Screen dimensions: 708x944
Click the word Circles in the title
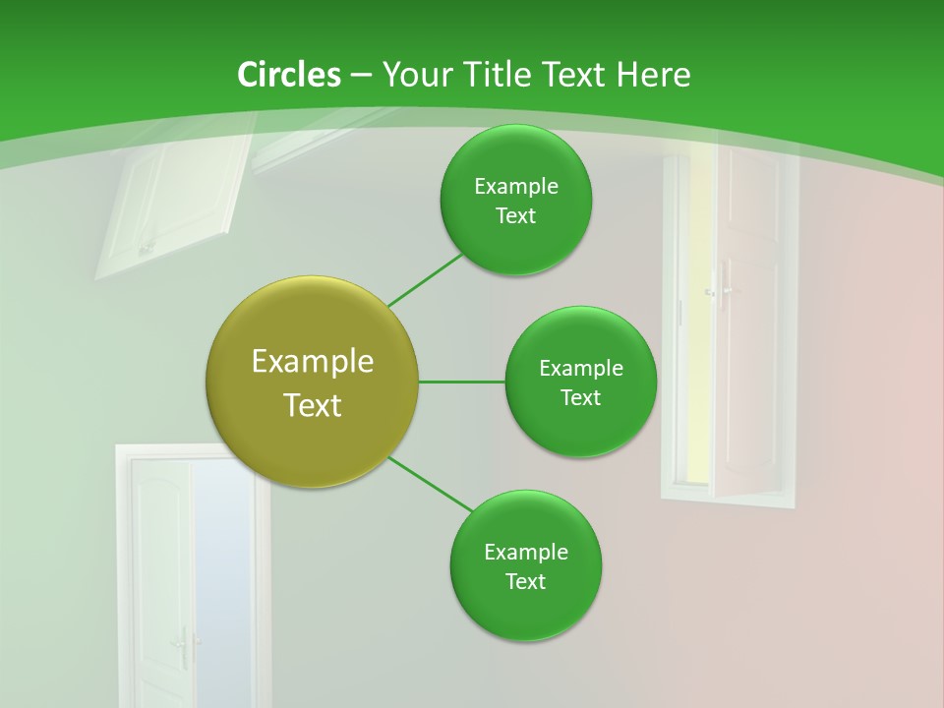(288, 75)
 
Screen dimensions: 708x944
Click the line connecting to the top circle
(425, 280)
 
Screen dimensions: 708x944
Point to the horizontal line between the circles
(461, 382)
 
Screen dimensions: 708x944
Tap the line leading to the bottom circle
(430, 484)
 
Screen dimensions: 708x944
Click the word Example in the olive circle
(313, 362)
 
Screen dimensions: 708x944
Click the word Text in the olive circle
(313, 405)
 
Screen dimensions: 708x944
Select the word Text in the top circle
(515, 216)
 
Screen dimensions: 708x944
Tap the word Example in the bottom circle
(525, 552)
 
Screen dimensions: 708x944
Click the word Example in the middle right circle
(580, 369)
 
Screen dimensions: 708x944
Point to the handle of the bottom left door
(183, 644)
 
